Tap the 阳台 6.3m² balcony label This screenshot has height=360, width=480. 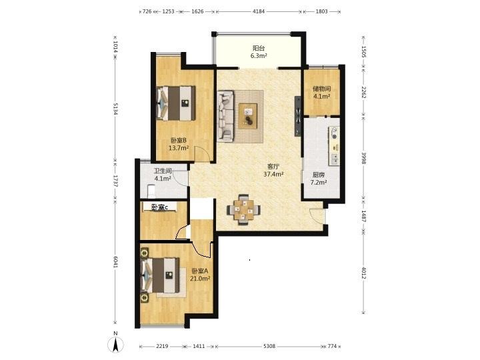click(x=259, y=52)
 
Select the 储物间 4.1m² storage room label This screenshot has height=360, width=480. click(x=321, y=93)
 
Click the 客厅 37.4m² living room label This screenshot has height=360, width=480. click(x=273, y=171)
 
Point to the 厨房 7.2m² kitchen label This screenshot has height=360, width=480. click(x=319, y=179)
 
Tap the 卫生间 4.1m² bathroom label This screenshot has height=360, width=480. click(x=163, y=175)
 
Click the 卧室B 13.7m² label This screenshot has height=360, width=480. click(x=179, y=144)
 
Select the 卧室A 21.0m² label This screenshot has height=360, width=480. click(x=200, y=275)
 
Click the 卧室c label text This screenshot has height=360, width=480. click(x=160, y=207)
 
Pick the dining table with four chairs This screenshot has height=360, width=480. click(x=244, y=210)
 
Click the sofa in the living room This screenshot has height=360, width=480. click(x=225, y=116)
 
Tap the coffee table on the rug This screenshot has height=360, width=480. click(x=248, y=116)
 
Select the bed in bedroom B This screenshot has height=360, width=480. click(x=176, y=103)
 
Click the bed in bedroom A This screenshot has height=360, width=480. click(x=160, y=275)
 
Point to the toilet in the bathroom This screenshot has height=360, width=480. click(x=151, y=191)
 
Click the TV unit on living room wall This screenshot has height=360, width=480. click(x=298, y=116)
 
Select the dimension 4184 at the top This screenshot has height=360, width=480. click(x=259, y=11)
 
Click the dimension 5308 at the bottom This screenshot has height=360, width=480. click(x=269, y=346)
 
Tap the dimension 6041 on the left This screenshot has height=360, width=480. click(x=115, y=262)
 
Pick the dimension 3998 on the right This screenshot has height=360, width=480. click(x=364, y=158)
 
